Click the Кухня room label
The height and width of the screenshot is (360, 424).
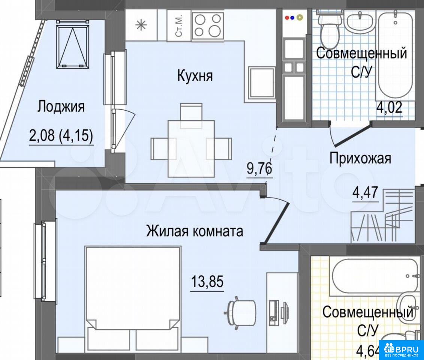pos(195,76)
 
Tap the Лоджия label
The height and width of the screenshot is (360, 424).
pos(61,106)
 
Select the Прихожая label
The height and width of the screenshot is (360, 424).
pos(360,158)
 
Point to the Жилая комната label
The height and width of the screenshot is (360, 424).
pos(195,231)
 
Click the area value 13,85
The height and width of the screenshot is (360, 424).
pos(208,281)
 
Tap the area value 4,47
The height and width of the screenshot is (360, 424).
pos(365,193)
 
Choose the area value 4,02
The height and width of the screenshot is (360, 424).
pos(390,108)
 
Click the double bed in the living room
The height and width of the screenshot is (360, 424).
pos(133,298)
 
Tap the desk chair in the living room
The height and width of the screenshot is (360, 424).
pos(240,312)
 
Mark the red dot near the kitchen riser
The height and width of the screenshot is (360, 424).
pos(287,18)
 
